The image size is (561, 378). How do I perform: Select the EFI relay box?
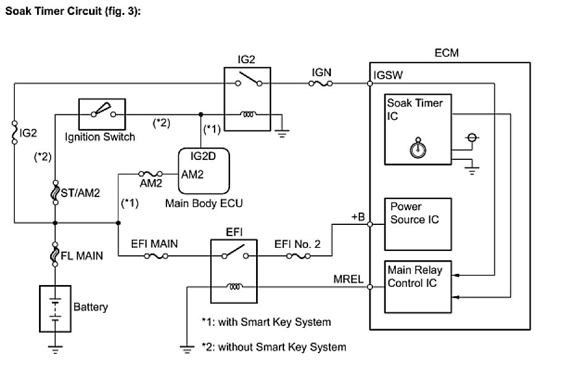(234, 271)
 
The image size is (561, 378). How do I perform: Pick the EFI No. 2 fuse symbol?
(299, 255)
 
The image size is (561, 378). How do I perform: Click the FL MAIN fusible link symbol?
(55, 253)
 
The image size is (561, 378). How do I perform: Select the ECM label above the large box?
(447, 54)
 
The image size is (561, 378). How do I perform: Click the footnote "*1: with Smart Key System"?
(266, 322)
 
